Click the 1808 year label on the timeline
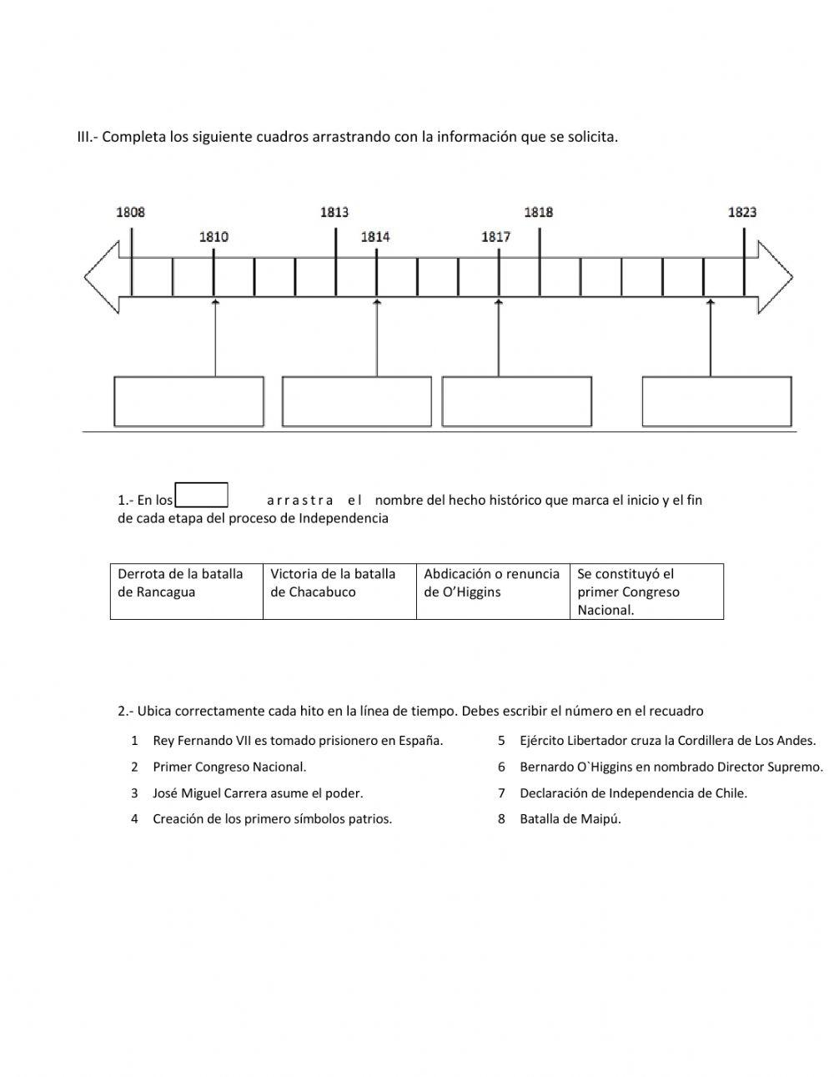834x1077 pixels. point(130,212)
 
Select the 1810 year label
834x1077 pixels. point(214,237)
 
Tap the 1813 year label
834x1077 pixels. point(334,212)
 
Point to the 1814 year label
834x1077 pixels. point(375,237)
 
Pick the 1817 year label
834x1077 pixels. point(496,237)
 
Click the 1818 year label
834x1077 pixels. point(539,212)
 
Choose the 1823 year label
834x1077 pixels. point(742,212)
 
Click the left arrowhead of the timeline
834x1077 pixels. point(101,277)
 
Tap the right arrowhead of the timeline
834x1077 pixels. point(775,277)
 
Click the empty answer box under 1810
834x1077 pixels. point(188,401)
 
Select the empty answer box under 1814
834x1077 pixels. point(357,401)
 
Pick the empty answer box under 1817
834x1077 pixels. point(517,401)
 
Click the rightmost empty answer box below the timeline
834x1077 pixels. point(717,401)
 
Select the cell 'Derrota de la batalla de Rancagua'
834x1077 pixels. point(187,591)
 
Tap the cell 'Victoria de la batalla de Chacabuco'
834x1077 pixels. point(339,591)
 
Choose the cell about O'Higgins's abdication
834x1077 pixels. point(493,591)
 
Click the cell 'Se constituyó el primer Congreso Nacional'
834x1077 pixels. point(646,591)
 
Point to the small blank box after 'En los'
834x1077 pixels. point(202,495)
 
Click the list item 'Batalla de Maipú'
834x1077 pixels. point(570,818)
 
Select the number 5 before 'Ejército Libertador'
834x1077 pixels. point(502,740)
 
